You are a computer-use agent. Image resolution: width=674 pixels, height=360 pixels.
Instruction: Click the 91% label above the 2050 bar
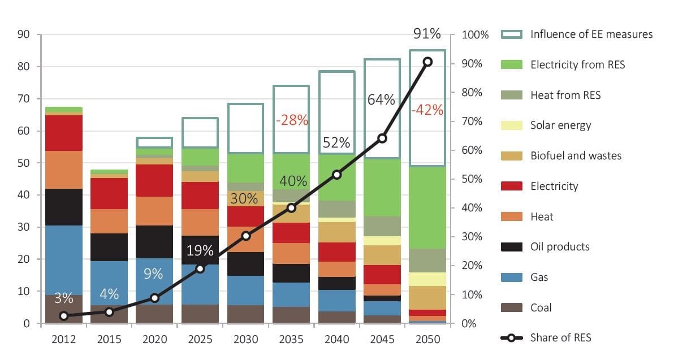point(427,34)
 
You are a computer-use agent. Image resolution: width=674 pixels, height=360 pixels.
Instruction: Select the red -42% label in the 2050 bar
point(427,110)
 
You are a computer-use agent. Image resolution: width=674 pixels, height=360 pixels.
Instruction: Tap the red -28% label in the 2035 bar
point(291,120)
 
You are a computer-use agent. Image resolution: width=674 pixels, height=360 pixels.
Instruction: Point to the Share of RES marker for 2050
point(427,62)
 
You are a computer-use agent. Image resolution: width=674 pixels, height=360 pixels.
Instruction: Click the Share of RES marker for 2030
point(245,236)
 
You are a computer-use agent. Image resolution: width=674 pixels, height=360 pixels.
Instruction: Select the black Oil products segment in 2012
point(64,207)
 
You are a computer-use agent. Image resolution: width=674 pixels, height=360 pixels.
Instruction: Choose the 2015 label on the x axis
point(109,340)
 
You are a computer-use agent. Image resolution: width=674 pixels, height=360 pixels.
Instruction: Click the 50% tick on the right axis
point(472,179)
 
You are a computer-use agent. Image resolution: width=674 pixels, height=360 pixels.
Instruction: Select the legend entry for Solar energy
point(560,125)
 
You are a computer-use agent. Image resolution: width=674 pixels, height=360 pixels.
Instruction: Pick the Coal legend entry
point(541,308)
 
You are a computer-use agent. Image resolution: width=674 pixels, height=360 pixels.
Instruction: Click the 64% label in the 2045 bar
point(381,100)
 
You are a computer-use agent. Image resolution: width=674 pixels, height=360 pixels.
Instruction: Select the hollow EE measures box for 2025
point(200,133)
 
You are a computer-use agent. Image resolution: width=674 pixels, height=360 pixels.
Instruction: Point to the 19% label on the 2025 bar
point(200,250)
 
